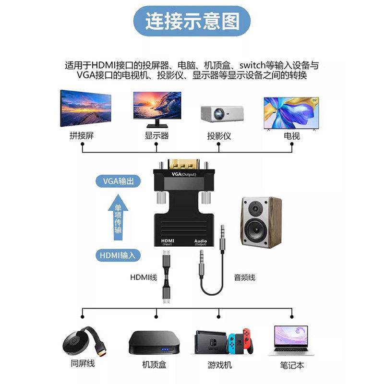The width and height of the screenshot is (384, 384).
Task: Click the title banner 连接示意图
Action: (x=192, y=22)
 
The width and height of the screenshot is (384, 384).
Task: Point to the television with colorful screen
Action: (x=292, y=113)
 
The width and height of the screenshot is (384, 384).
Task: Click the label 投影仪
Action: (x=219, y=136)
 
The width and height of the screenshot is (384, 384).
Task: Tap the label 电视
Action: (x=292, y=136)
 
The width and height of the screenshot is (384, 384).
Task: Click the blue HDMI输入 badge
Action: (x=118, y=255)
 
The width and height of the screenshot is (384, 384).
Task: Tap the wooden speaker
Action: (x=261, y=221)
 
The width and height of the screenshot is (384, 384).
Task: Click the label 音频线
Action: (x=244, y=277)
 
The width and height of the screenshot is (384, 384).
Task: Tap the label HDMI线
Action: (x=144, y=277)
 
